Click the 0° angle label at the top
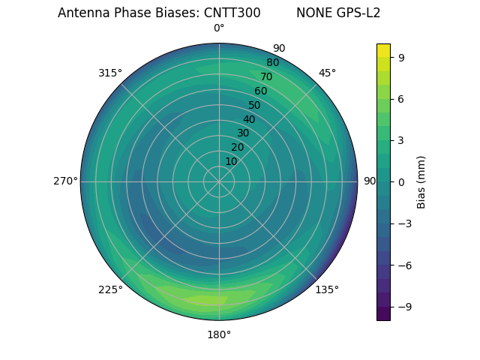click(x=219, y=28)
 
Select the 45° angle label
click(x=327, y=73)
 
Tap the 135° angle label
click(x=327, y=289)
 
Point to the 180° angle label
click(x=219, y=334)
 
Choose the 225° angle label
click(x=110, y=289)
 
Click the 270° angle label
click(x=65, y=181)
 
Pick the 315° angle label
click(x=110, y=73)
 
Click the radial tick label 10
click(x=231, y=161)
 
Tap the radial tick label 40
click(x=249, y=119)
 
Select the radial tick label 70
click(x=266, y=76)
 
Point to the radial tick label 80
click(x=272, y=63)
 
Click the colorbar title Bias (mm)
click(x=421, y=181)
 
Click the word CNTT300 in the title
click(x=232, y=13)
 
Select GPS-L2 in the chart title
click(x=358, y=13)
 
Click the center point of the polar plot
click(x=219, y=181)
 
